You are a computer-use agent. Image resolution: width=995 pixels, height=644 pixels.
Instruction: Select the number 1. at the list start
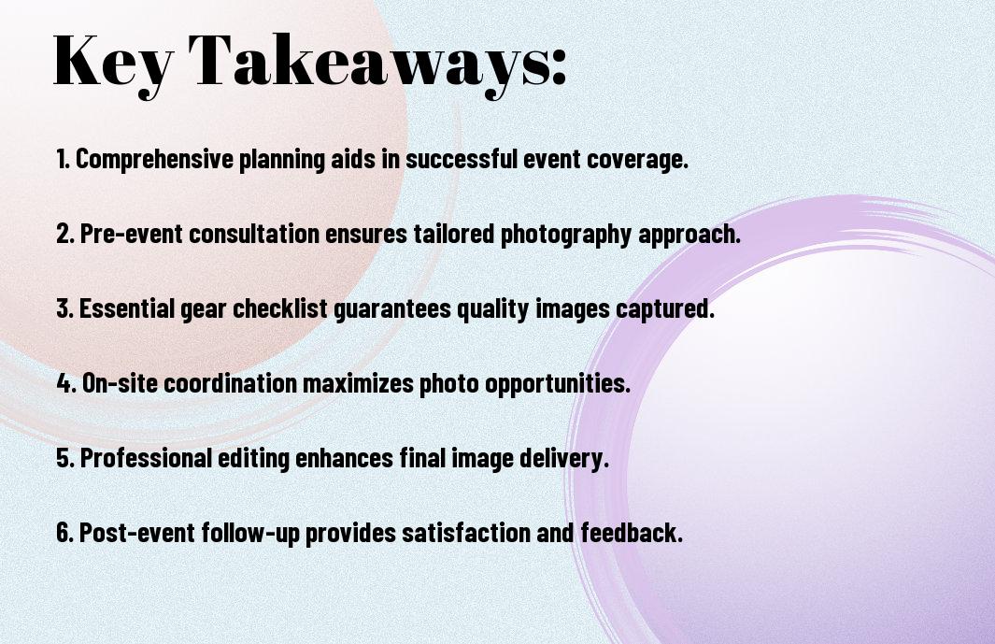[63, 160]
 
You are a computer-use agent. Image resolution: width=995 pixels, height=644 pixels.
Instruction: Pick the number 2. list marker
[64, 235]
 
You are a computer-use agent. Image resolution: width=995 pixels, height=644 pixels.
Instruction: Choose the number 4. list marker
[65, 384]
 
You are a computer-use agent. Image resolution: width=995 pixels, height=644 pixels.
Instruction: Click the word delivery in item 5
[566, 459]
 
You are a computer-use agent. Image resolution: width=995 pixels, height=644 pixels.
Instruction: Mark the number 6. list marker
[64, 534]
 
